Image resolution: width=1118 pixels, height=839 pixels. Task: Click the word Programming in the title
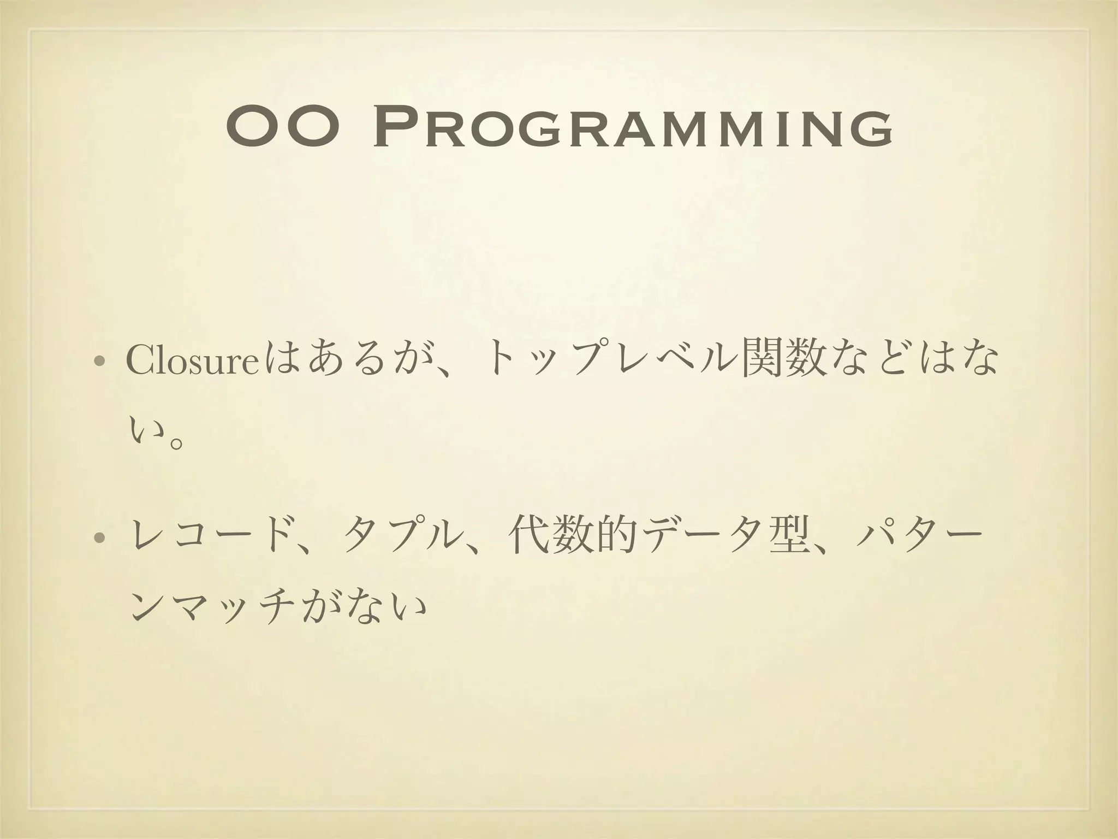tap(633, 129)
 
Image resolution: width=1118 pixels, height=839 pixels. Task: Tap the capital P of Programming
tap(396, 129)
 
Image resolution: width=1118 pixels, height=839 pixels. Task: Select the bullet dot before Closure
tap(99, 363)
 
